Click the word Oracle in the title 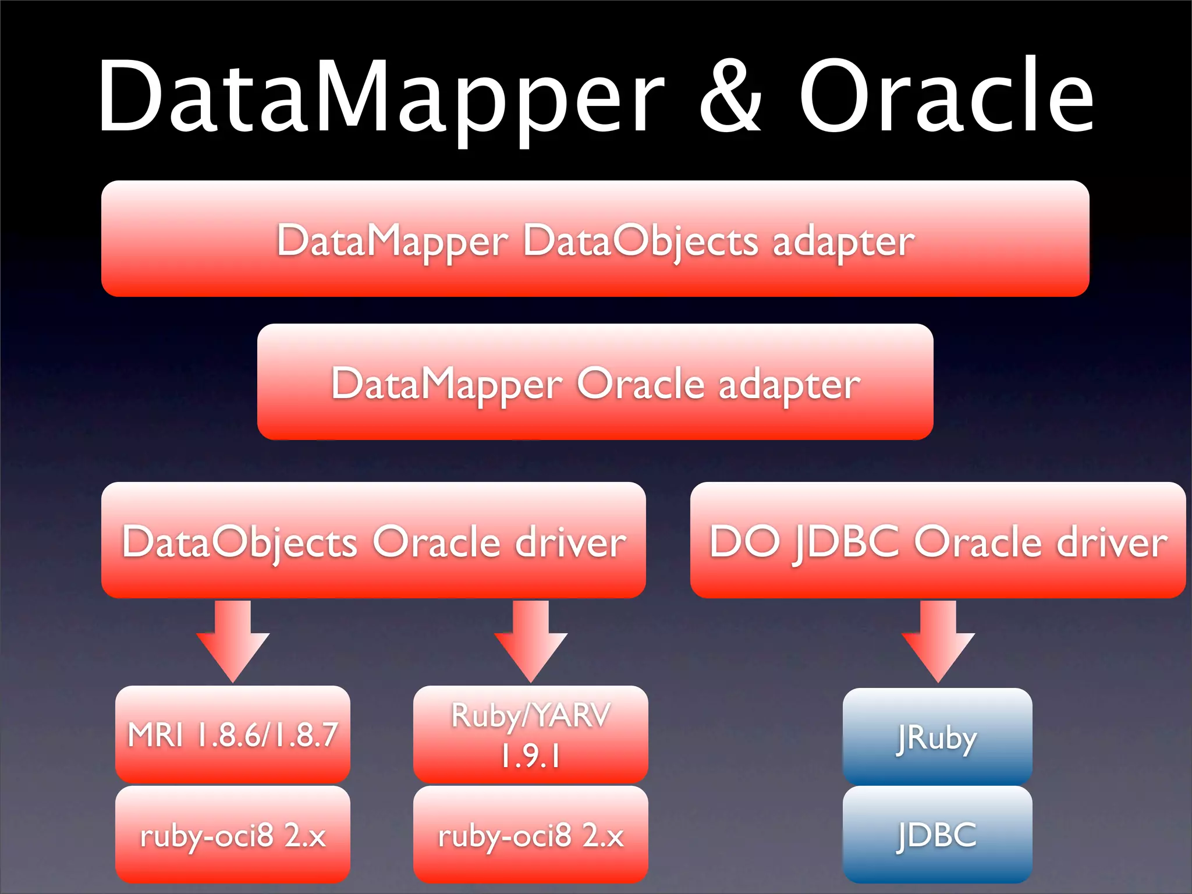(946, 96)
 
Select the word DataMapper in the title (381, 96)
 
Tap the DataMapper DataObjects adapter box (595, 239)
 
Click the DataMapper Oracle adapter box (595, 382)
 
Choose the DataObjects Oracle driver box (373, 540)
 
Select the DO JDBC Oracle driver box (938, 540)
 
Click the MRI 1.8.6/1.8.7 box (233, 734)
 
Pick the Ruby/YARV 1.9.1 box (530, 734)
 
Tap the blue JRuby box (937, 736)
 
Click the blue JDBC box (937, 834)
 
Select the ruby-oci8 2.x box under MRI (233, 834)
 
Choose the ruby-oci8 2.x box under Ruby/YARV (530, 834)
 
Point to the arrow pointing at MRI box (233, 640)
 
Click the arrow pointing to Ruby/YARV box (530, 640)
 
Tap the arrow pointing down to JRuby (938, 640)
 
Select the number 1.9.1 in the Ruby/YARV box (530, 755)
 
